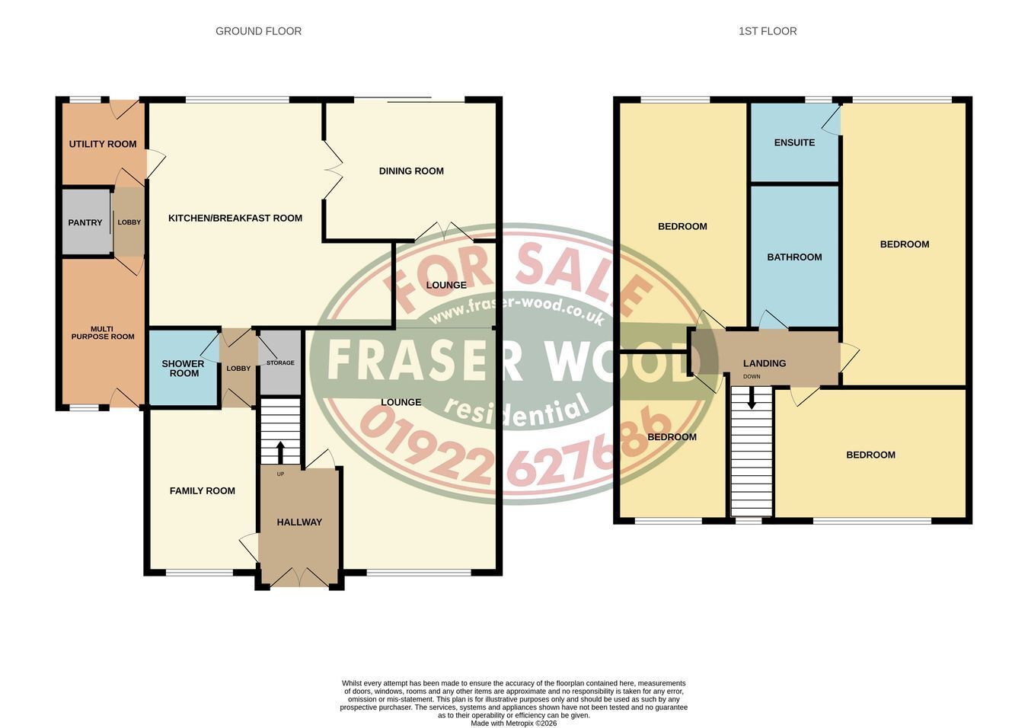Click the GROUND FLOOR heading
point(258,31)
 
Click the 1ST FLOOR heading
point(768,31)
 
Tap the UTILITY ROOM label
point(103,144)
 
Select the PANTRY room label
point(85,222)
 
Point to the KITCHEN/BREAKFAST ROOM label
point(235,218)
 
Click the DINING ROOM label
point(411,171)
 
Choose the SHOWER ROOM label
point(183,369)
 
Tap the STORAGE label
point(280,362)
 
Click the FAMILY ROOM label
point(203,490)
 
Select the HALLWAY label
point(299,522)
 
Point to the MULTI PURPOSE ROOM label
point(103,333)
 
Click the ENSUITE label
point(794,142)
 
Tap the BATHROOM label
point(794,257)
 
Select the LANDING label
point(765,363)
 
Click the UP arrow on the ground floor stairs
point(280,452)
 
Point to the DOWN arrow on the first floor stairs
point(752,398)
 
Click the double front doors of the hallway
point(300,577)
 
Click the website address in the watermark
point(516,311)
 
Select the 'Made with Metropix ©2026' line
point(513,723)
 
